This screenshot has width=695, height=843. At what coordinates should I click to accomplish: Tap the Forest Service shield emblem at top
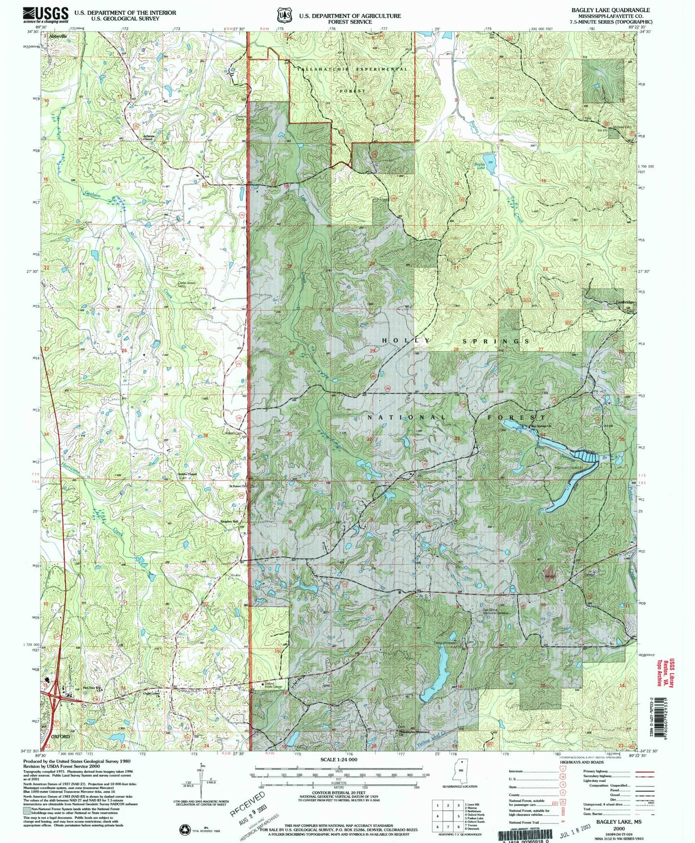click(x=284, y=15)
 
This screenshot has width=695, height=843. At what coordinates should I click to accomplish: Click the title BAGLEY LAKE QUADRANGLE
click(x=610, y=10)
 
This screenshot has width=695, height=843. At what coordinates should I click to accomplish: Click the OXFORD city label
click(x=61, y=736)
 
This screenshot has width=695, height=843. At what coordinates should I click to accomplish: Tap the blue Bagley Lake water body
click(x=490, y=160)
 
